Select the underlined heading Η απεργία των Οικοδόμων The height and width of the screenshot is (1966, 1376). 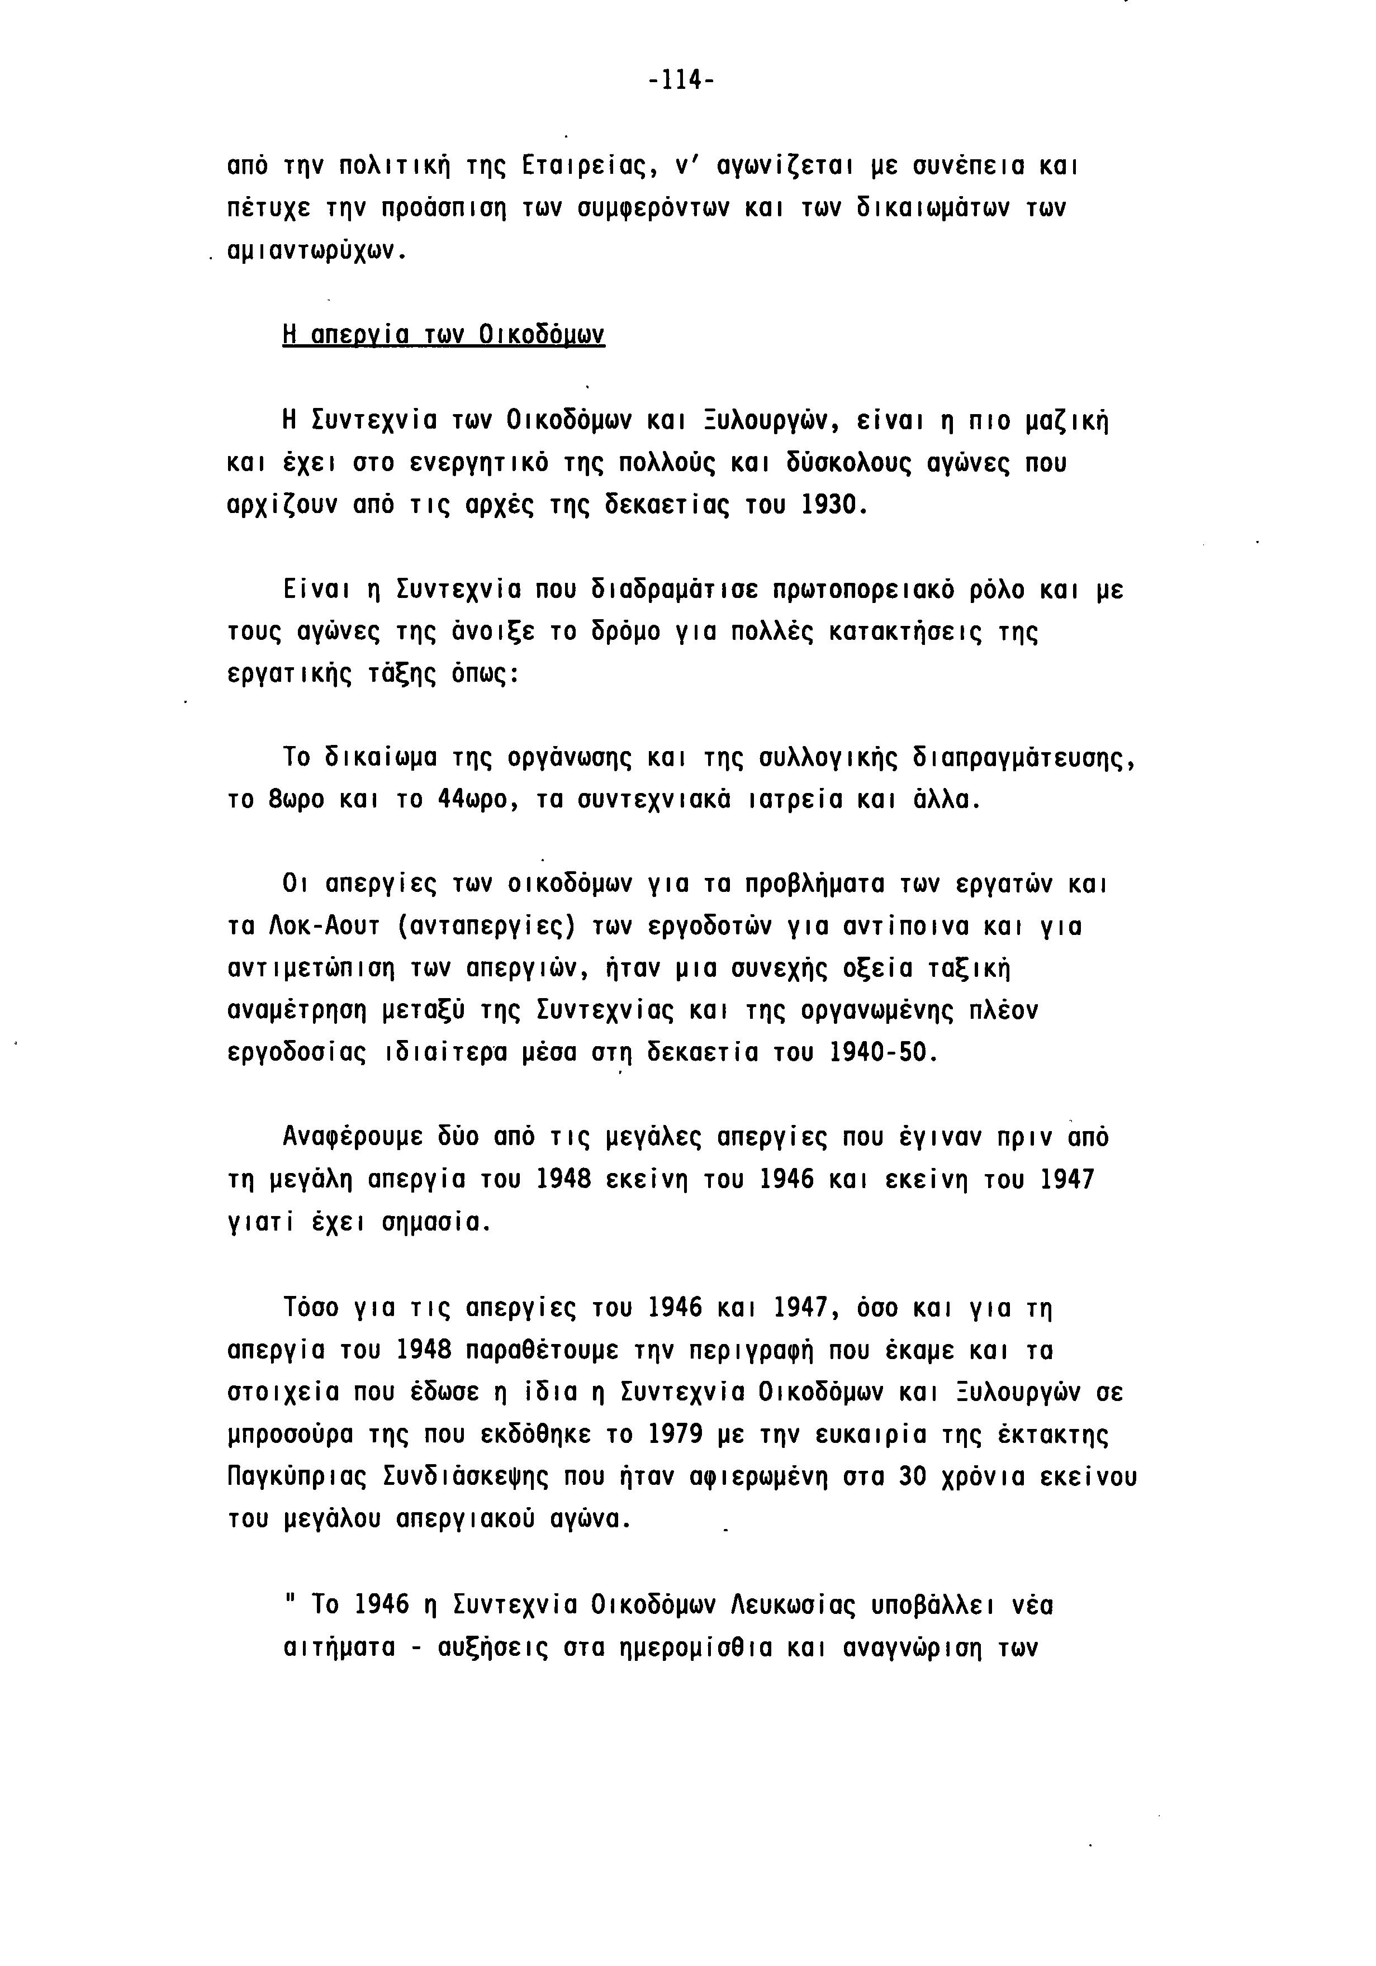coord(444,334)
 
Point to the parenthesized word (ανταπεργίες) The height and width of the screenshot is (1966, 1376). coord(489,927)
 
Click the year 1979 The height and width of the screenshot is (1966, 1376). coord(674,1434)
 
